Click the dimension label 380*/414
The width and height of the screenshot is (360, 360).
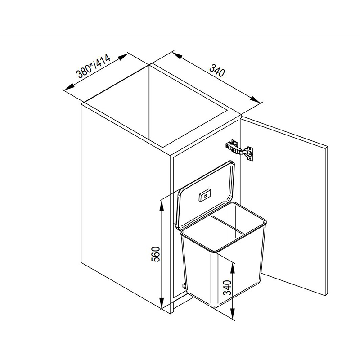(94, 66)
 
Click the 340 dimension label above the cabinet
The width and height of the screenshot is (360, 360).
(217, 70)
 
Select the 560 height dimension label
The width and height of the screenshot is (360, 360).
(155, 254)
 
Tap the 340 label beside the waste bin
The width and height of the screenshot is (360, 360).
(227, 287)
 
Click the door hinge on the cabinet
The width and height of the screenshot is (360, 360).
(239, 150)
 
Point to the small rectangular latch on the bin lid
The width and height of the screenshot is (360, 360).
(205, 195)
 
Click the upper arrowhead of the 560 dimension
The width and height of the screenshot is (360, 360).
(162, 206)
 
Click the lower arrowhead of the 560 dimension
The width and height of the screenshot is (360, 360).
(162, 303)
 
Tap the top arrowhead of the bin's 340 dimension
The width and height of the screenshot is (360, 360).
(233, 268)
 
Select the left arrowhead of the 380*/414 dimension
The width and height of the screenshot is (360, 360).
(69, 87)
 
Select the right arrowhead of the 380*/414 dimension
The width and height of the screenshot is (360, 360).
(122, 57)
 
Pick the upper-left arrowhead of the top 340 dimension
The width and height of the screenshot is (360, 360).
(177, 56)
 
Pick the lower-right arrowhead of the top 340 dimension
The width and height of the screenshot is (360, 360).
(255, 99)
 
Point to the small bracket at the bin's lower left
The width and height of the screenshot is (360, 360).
(184, 286)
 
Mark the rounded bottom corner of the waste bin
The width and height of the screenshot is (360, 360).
(214, 306)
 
